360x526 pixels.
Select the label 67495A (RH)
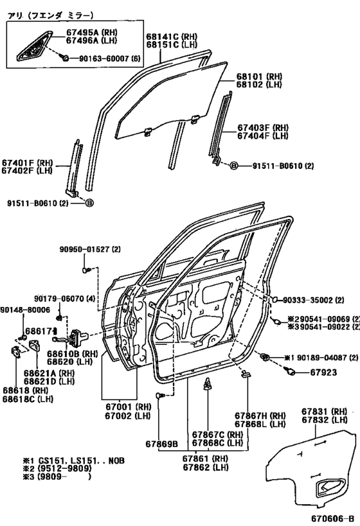pyautogui.click(x=92, y=33)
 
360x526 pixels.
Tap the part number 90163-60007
pyautogui.click(x=104, y=58)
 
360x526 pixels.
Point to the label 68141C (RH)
pyautogui.click(x=172, y=37)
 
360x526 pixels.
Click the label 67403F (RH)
pyautogui.click(x=263, y=128)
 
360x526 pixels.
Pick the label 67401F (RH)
pyautogui.click(x=27, y=162)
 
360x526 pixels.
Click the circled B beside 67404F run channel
pyautogui.click(x=234, y=166)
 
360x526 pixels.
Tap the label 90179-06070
pyautogui.click(x=59, y=298)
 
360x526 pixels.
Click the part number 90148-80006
pyautogui.click(x=25, y=310)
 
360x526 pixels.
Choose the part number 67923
pyautogui.click(x=323, y=373)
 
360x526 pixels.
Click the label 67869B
pyautogui.click(x=161, y=444)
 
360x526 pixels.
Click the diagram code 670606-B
pyautogui.click(x=332, y=518)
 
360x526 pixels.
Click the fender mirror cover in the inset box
pyautogui.click(x=34, y=46)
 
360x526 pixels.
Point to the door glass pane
pyautogui.click(x=170, y=100)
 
